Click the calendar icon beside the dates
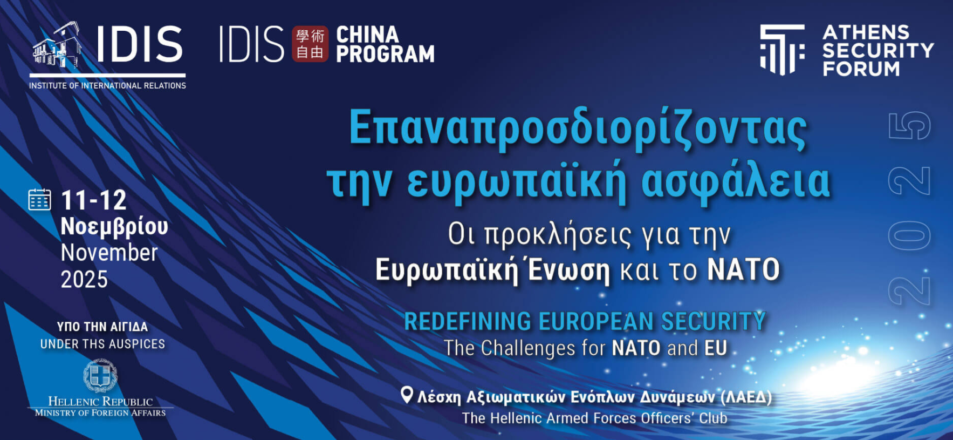39,199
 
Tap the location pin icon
407,395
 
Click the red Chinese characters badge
310,44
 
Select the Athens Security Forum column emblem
783,49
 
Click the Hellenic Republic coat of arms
100,376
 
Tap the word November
109,253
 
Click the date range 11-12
94,200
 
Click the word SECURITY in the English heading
714,321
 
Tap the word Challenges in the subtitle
528,349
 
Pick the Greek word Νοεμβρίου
114,227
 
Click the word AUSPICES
136,344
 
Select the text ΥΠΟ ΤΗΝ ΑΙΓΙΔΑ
102,327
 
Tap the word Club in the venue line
713,418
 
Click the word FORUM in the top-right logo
861,69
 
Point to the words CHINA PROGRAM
385,44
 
